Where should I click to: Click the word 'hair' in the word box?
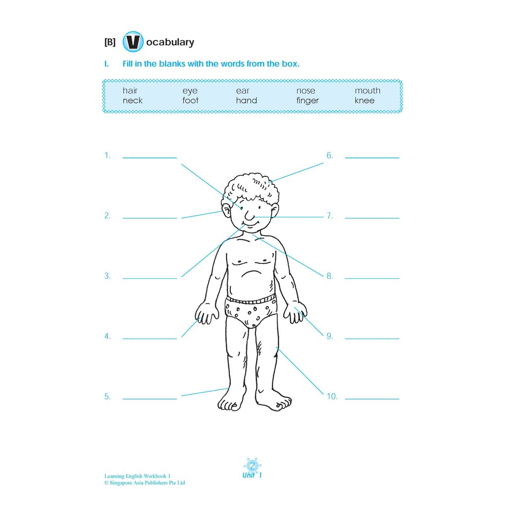coord(130,91)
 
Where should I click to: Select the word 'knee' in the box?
coord(364,101)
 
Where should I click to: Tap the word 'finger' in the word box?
coord(307,101)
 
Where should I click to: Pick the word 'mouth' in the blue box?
coord(367,91)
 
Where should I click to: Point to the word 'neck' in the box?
coord(132,101)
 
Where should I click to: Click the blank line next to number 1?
coord(150,157)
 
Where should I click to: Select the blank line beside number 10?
coord(372,399)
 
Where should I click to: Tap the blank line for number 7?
coord(372,218)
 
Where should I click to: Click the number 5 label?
coord(107,397)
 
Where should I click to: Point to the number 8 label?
coord(330,276)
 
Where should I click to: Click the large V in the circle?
coord(133,42)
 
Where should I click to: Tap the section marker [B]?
coord(110,43)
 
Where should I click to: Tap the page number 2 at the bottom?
coord(252,465)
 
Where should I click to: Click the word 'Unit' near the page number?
coord(249,475)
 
